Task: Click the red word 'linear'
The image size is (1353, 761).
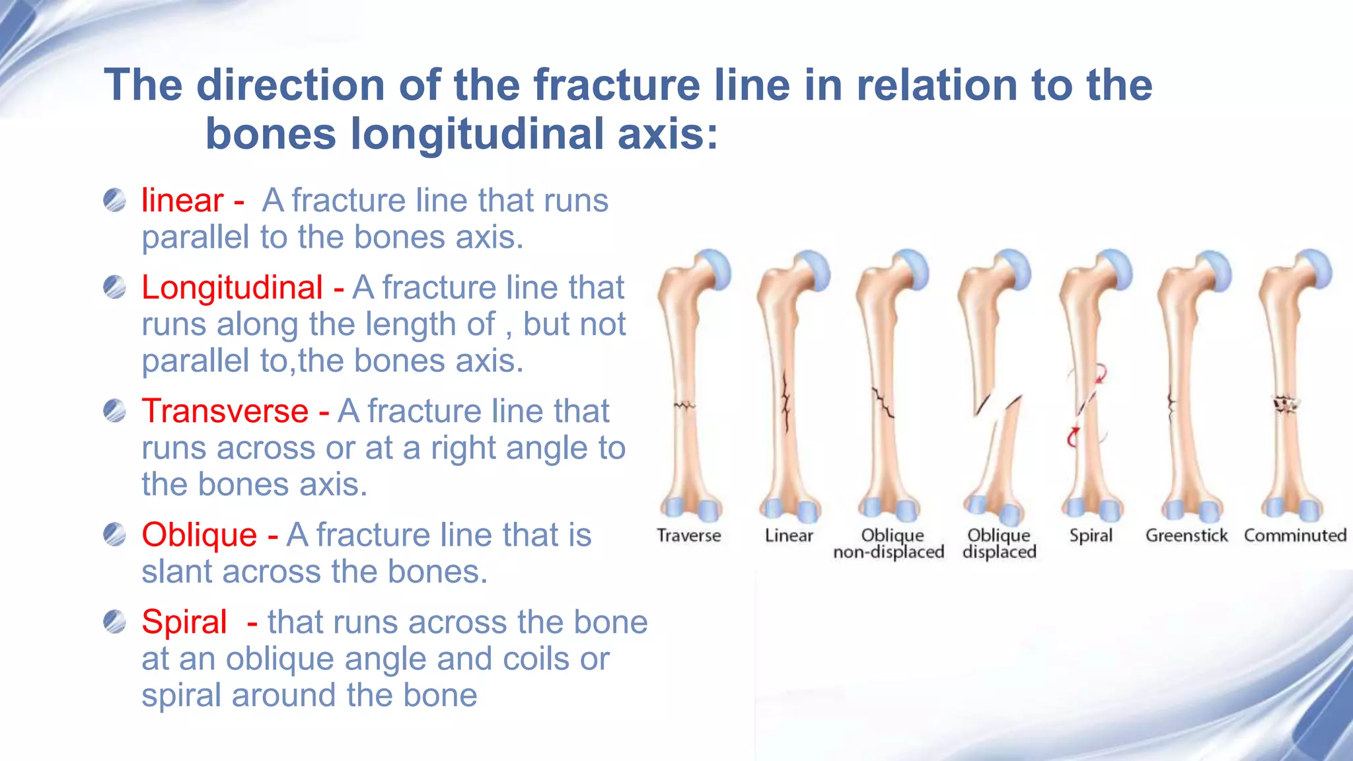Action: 182,200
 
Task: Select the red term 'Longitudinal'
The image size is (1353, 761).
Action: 232,287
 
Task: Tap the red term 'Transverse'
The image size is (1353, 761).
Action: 225,411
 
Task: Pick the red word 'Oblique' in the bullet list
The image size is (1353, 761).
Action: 199,534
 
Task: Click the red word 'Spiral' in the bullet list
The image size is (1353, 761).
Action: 184,622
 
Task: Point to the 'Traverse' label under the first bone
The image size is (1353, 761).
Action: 688,535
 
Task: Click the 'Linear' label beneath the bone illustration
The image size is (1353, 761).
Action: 789,535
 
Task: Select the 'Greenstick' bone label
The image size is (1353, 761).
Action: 1187,535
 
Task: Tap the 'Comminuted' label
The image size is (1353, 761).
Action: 1295,535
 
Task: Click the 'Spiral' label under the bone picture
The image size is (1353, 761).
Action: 1091,535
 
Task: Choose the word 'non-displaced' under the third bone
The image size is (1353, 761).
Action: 889,552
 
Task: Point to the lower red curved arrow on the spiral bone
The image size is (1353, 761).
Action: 1073,437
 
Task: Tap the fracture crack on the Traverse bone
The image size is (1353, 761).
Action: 684,405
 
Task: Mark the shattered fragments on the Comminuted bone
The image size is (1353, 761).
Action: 1286,404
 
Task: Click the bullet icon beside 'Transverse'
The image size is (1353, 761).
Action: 114,411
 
